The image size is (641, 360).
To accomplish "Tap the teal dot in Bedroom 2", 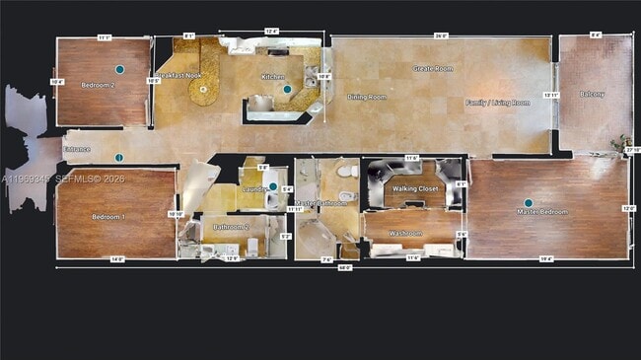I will (x=119, y=70).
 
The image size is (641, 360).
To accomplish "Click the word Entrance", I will (x=77, y=149).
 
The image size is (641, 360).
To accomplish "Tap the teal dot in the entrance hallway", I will (x=118, y=158).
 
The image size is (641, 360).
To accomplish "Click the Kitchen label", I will (x=273, y=76).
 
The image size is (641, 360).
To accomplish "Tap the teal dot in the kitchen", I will (x=287, y=90).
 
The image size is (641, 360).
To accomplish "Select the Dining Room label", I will (x=366, y=97).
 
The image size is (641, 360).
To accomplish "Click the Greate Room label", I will (x=432, y=68).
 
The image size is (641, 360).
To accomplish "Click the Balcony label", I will (x=593, y=94).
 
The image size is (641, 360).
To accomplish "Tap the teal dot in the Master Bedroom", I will (x=528, y=203).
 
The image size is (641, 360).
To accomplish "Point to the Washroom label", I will (x=405, y=234).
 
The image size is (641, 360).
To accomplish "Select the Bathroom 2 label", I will (x=232, y=227).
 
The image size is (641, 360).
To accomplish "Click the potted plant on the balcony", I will (x=621, y=143).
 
